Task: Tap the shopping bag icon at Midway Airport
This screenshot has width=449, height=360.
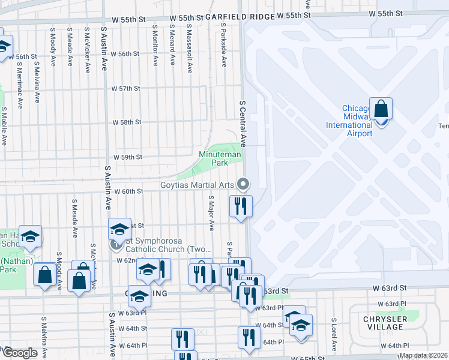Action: pos(381,110)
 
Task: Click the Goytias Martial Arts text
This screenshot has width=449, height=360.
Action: pos(196,185)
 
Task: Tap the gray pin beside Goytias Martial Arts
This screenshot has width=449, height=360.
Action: pos(243,184)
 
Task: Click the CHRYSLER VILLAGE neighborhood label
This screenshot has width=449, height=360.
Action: pos(385,323)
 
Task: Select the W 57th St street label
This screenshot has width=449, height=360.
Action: pos(126,88)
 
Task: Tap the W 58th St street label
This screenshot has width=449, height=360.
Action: pos(127,122)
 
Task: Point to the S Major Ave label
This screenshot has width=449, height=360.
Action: pos(211,213)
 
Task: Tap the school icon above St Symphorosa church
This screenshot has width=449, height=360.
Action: pos(119,229)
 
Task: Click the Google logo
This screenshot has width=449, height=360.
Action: pos(20,352)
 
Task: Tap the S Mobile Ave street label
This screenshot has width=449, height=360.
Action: pos(4,126)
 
